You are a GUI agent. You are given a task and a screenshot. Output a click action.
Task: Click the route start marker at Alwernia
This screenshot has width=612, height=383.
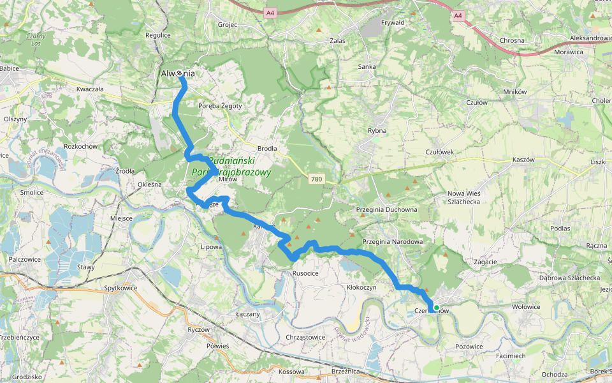tap(180, 74)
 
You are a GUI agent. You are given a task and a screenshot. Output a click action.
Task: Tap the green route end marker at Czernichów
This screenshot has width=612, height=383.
tap(436, 308)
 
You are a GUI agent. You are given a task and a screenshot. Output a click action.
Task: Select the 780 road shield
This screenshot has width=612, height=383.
tap(317, 179)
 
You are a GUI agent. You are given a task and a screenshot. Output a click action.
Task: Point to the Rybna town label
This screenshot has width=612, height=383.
tap(377, 130)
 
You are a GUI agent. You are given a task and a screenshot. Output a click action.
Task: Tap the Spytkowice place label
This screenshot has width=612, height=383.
tap(121, 289)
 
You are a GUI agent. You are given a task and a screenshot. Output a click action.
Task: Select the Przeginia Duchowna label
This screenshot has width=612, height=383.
tap(388, 209)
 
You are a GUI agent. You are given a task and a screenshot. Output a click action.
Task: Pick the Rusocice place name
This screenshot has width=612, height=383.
tap(305, 273)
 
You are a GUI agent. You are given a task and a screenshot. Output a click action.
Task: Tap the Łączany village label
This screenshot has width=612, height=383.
tap(247, 314)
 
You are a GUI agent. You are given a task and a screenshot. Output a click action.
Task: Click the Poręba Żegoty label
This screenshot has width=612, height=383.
tap(220, 106)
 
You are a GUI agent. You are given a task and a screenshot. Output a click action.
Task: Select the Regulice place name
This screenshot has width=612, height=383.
tap(158, 36)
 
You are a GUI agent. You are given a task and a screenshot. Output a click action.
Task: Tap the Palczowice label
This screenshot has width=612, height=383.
tap(25, 259)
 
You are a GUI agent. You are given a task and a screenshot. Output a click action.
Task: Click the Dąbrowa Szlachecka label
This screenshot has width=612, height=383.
tap(569, 278)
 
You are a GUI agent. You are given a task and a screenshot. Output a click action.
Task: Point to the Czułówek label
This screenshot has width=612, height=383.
tap(439, 152)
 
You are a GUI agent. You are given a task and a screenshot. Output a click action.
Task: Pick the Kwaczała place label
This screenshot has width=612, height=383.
tap(89, 89)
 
